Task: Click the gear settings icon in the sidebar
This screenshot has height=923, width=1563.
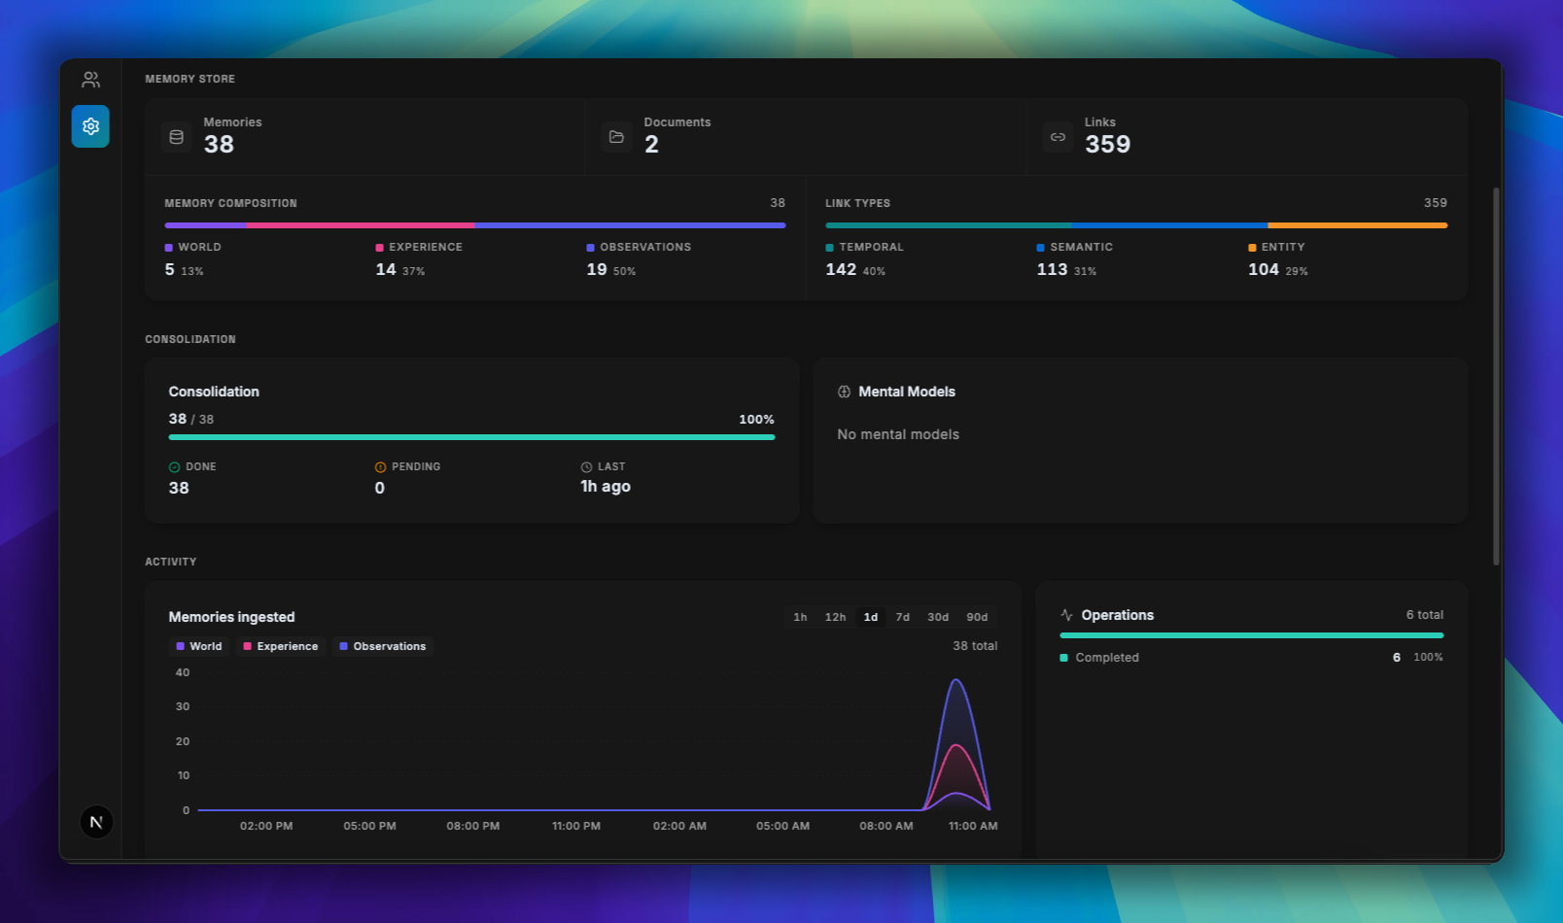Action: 90,126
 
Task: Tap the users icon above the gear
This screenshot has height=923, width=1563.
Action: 90,80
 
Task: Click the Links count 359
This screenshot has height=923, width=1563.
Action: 1107,145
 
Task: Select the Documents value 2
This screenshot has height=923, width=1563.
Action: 651,145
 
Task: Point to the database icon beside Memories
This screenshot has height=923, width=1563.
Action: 177,137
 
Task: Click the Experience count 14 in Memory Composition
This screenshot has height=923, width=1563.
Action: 386,270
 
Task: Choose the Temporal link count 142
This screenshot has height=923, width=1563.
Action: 841,270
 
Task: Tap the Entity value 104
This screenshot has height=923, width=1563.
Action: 1263,270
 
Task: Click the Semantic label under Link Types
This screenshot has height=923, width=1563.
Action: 1081,247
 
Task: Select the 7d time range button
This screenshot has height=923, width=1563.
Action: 902,617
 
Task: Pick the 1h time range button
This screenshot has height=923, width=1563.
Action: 800,617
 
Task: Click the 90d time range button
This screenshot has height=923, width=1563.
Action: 977,617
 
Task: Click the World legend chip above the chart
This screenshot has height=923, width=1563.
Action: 199,646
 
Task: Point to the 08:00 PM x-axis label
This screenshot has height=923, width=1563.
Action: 472,826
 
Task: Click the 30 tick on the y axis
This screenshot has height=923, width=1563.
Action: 183,706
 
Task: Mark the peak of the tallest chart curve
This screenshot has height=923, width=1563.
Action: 956,680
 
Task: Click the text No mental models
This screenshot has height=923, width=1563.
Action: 898,434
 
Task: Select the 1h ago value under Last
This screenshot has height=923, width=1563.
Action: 606,487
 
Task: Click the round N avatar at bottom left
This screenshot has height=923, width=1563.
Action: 96,822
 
